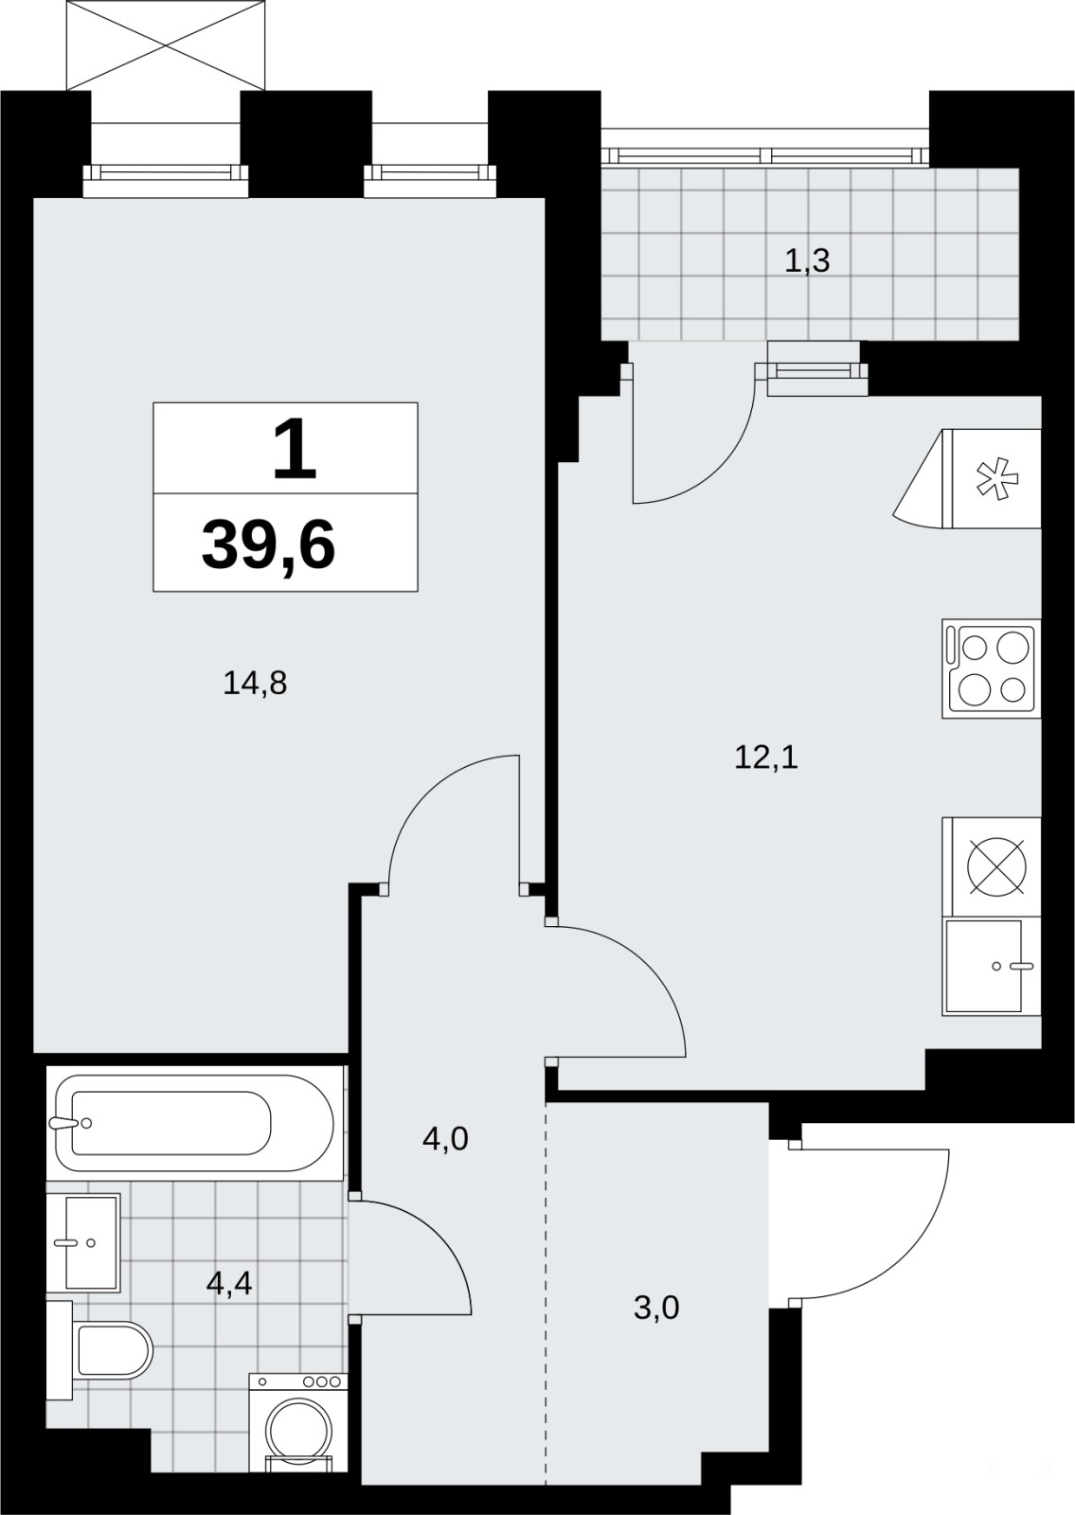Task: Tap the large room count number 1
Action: point(295,449)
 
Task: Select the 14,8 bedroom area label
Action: point(255,685)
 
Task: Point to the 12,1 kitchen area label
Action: point(766,758)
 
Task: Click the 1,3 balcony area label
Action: point(807,260)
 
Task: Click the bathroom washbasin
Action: point(83,1243)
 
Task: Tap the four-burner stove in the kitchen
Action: point(992,668)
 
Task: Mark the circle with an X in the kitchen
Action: point(996,867)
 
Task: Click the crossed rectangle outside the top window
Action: point(166,45)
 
